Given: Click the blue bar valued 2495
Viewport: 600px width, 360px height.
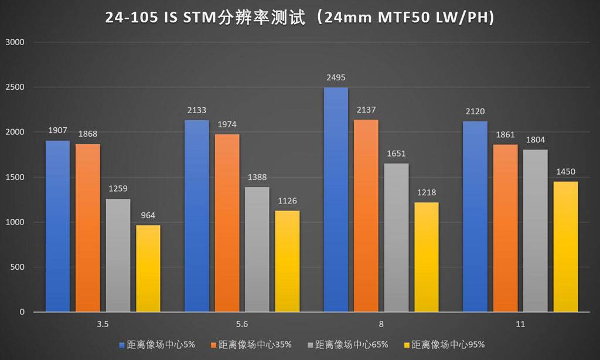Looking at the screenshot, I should (336, 199).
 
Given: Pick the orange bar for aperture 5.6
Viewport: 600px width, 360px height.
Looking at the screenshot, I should (227, 223).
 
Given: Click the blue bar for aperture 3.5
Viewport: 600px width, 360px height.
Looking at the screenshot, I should (57, 226).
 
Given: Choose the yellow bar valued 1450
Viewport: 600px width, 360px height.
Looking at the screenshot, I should (566, 246).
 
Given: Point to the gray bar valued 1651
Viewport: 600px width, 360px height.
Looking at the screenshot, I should (396, 237).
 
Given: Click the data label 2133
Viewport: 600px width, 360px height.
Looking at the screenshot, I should (196, 110).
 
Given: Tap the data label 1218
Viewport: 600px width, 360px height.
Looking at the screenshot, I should (426, 192).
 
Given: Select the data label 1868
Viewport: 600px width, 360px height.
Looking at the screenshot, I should (88, 134).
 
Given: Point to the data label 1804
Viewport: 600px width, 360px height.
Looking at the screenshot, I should (536, 140).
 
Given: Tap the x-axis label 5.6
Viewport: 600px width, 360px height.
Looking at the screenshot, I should (242, 323).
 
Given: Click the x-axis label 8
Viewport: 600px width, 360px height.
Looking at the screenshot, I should (381, 323).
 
